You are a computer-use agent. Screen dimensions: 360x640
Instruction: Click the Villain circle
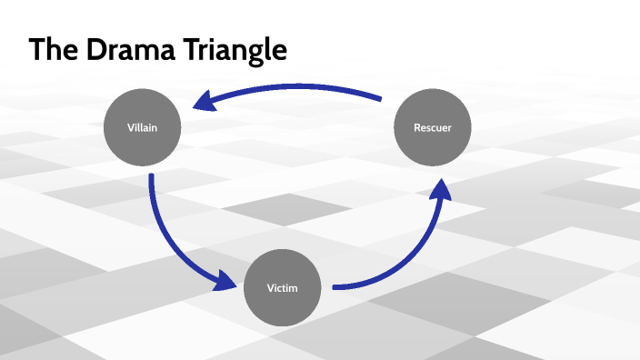coord(142,128)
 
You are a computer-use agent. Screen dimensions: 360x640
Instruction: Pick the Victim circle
coord(283,288)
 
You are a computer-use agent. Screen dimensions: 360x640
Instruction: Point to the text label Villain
coord(142,128)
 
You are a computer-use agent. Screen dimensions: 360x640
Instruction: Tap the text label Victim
coord(283,288)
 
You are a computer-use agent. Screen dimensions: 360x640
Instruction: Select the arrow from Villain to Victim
coord(168,241)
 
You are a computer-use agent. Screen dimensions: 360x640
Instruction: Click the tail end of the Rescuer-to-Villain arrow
coord(380,97)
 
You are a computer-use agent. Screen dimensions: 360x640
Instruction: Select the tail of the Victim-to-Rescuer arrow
coord(335,287)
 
